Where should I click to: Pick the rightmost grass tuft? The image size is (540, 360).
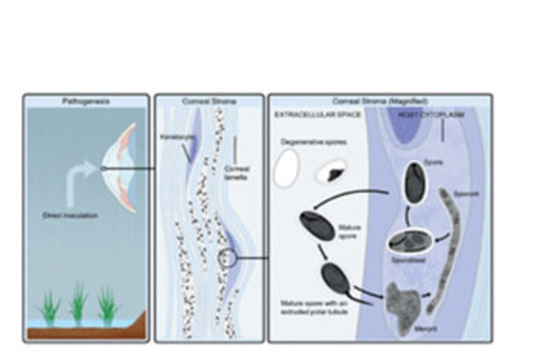[109, 305]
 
